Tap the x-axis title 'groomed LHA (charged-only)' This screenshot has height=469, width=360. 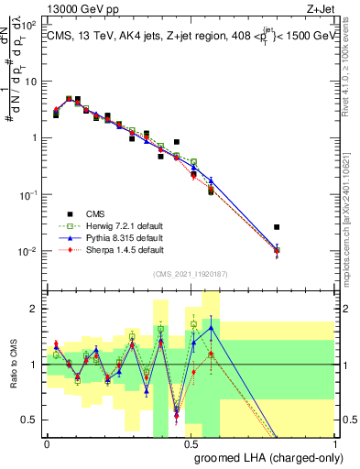click(x=263, y=457)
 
